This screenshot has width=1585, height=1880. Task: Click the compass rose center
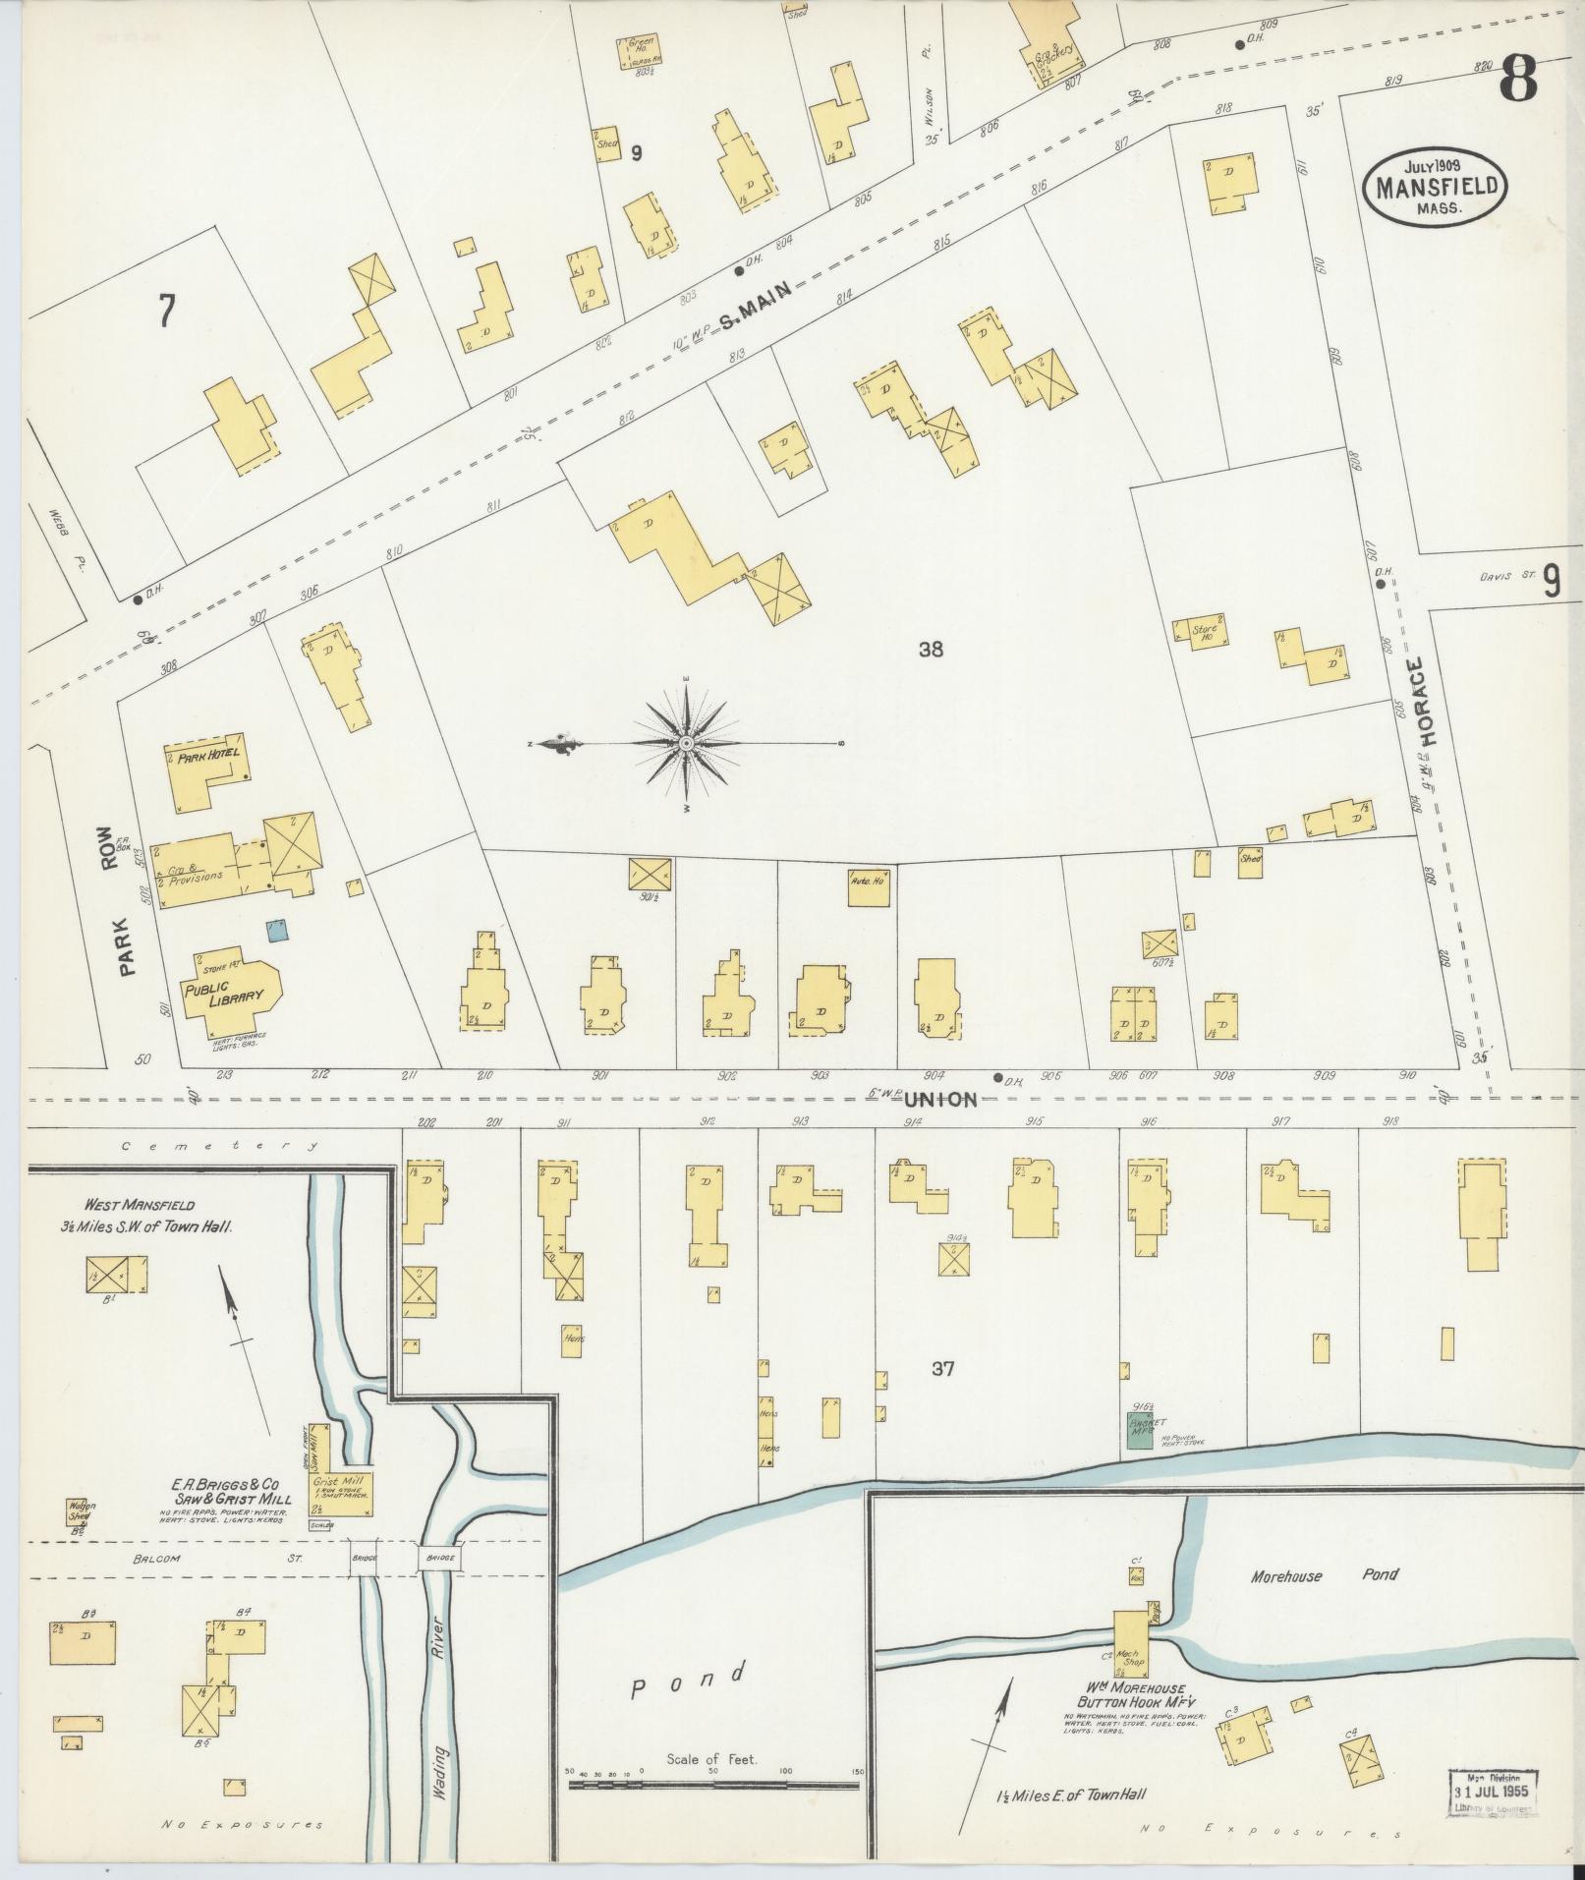[686, 744]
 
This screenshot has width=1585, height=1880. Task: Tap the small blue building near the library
[278, 929]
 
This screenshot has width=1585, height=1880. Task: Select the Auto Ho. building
[869, 885]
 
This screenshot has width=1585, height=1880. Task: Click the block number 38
[931, 649]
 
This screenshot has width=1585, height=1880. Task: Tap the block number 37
[941, 1368]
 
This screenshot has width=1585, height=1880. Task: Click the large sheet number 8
[1519, 80]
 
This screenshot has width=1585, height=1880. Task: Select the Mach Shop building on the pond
[1131, 1640]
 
